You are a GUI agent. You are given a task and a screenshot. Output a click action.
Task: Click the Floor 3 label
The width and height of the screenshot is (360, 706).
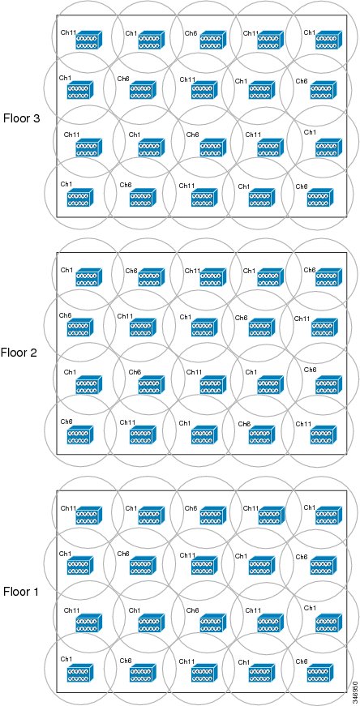click(22, 118)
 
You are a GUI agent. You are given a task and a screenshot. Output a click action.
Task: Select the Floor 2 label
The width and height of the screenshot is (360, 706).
click(19, 352)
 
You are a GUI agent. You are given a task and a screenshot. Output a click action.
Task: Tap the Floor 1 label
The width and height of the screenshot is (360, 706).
click(22, 591)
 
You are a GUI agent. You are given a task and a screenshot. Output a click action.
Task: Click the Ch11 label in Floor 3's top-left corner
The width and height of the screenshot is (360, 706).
click(68, 33)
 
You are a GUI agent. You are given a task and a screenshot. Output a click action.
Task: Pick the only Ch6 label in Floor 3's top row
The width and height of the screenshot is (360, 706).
click(191, 33)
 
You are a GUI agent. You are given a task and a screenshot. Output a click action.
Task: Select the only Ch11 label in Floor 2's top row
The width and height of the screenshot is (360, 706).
click(192, 270)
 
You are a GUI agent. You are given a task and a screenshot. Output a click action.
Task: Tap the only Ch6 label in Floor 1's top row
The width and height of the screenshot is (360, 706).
click(191, 508)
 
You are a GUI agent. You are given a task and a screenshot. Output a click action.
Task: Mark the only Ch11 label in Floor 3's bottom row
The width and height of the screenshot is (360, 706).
click(186, 186)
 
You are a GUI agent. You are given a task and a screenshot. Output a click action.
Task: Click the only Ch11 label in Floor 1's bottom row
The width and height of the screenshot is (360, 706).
click(186, 661)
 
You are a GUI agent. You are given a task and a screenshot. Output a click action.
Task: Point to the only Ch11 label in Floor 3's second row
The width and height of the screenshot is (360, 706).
click(187, 79)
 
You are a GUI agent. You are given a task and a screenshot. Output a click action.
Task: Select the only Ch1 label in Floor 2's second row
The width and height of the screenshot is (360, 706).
click(186, 317)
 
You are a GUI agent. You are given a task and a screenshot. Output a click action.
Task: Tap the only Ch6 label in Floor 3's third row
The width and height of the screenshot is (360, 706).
click(192, 135)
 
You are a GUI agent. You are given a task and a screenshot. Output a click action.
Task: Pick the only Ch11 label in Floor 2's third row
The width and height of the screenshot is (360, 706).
click(194, 372)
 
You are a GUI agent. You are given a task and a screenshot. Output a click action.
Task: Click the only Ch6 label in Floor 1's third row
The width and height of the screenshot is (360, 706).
click(192, 610)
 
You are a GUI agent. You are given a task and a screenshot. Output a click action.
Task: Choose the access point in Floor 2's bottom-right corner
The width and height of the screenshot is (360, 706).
click(324, 434)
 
